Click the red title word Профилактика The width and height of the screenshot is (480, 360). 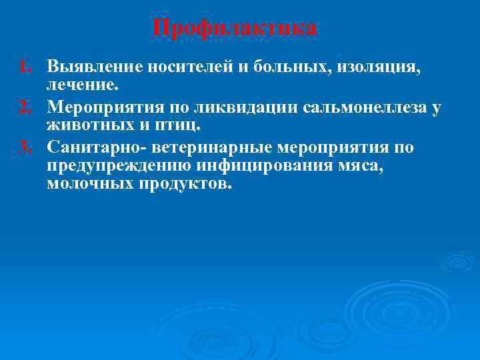pos(235,29)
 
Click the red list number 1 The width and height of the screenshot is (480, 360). pos(25,67)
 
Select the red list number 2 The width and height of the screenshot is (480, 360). pos(25,106)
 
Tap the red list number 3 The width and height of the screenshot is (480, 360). pos(25,145)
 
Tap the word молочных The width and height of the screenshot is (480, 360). pos(90,184)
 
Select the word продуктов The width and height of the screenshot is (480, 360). pos(186,184)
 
